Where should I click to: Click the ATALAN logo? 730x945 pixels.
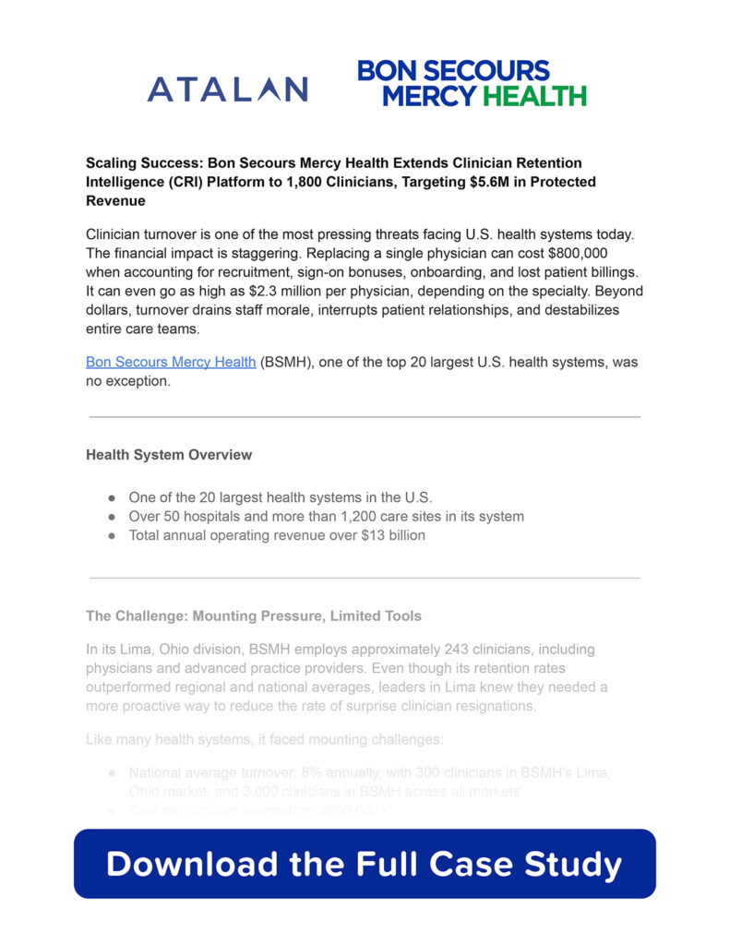pos(227,90)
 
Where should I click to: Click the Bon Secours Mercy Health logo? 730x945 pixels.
pos(472,83)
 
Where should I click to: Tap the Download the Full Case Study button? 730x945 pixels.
pos(365,864)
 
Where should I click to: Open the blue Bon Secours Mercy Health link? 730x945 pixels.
pos(171,362)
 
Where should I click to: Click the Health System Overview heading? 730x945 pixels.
pos(169,455)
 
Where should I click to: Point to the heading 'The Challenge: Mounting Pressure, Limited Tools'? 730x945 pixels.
pos(253,616)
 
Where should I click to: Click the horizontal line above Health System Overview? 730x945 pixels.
pos(365,417)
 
